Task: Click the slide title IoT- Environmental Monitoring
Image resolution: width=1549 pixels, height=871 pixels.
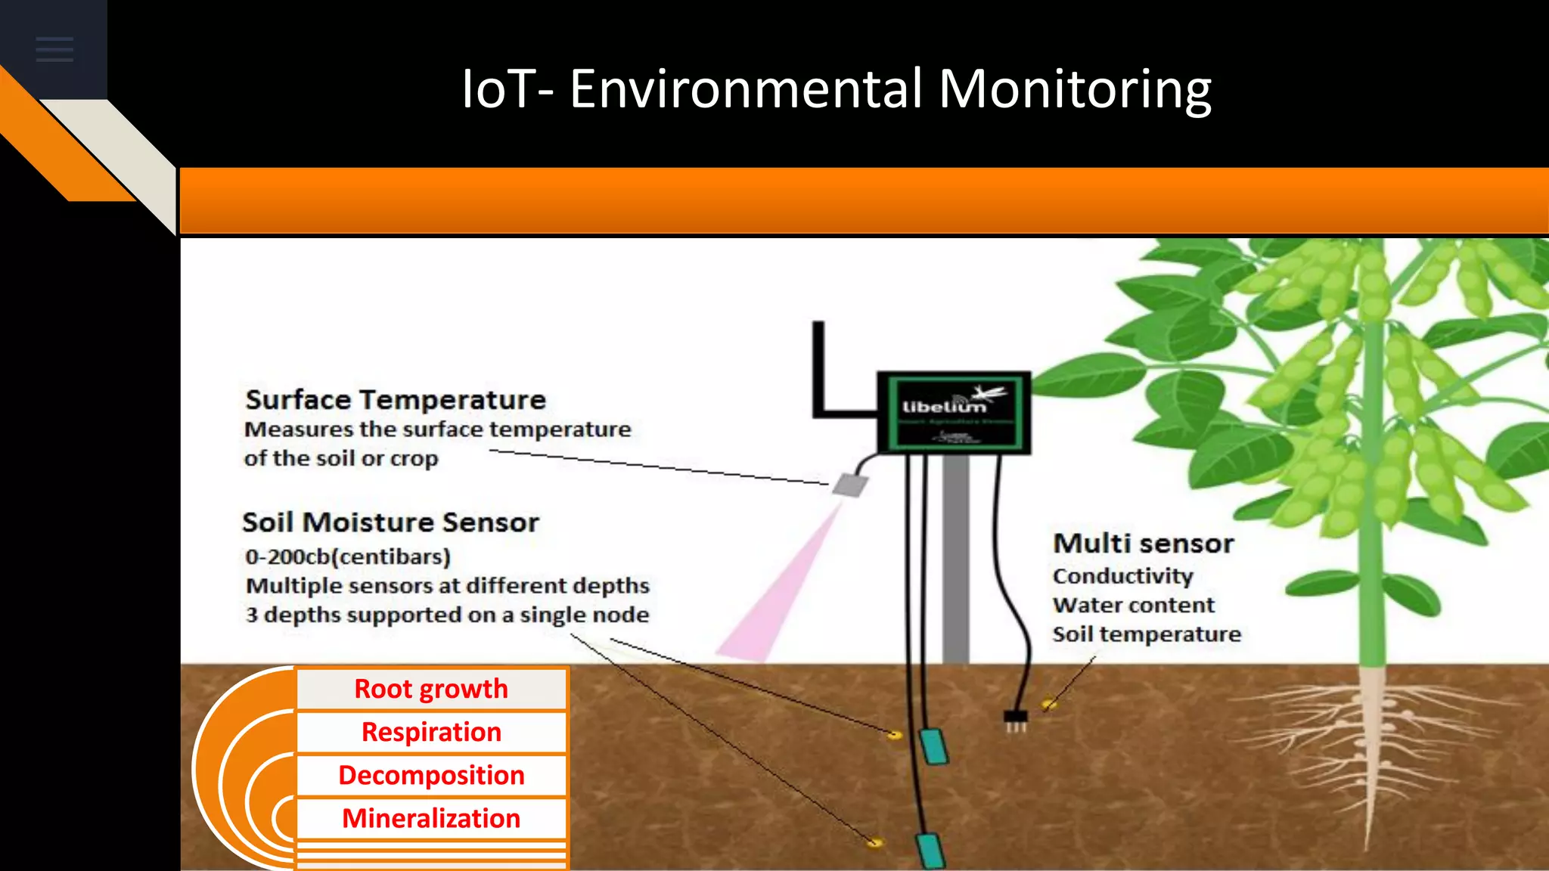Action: point(836,89)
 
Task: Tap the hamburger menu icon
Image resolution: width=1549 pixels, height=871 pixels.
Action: point(54,49)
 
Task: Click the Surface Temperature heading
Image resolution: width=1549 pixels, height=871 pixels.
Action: point(396,399)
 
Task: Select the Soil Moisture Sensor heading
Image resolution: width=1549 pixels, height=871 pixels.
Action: point(390,522)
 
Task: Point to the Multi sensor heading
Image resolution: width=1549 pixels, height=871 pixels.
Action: point(1143,544)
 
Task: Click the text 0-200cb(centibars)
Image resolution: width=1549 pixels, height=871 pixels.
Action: point(347,557)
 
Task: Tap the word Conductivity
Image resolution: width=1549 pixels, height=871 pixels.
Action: point(1122,576)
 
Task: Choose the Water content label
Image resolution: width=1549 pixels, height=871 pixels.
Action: point(1133,606)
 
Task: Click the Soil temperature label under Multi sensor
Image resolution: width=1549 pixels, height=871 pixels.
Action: point(1146,634)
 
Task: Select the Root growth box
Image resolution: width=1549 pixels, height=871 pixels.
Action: point(431,689)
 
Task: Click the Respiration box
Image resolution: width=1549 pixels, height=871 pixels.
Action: point(431,732)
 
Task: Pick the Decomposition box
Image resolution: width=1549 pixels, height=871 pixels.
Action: point(431,775)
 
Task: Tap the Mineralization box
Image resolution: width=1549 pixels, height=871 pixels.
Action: point(431,818)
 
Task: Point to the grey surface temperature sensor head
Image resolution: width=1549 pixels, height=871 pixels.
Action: point(850,485)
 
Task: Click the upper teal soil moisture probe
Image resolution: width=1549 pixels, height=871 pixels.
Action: point(934,746)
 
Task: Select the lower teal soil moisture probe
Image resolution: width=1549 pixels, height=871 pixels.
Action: point(930,851)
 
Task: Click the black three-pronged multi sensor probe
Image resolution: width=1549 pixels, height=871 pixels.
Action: point(1016,721)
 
